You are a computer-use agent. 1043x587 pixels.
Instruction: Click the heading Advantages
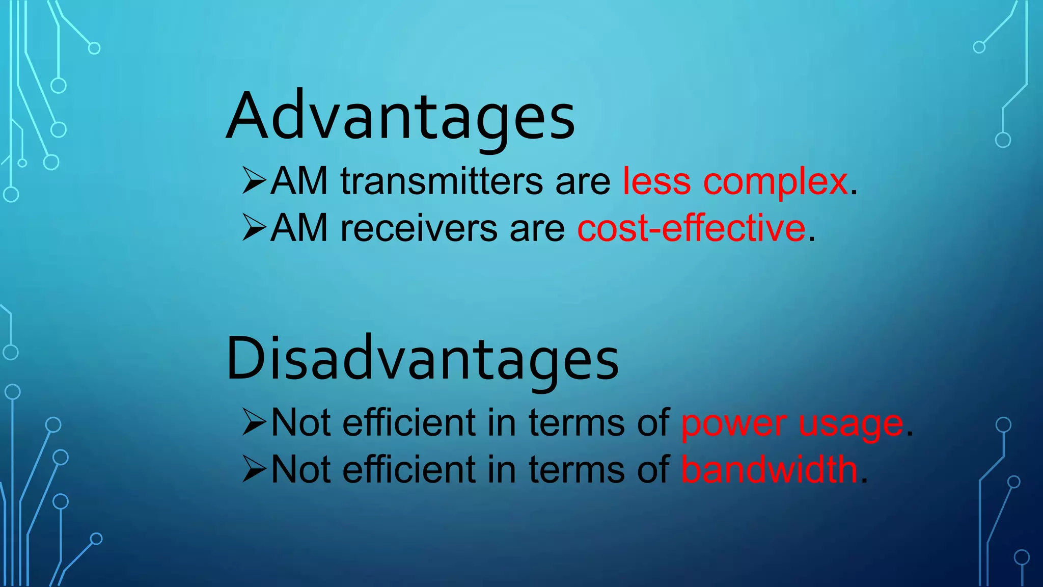coord(400,116)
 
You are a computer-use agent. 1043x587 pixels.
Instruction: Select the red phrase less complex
coord(735,181)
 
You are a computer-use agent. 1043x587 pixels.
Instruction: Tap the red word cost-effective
coord(691,228)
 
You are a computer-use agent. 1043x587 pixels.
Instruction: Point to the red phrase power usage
coord(792,423)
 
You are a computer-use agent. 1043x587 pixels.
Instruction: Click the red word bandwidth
coord(769,470)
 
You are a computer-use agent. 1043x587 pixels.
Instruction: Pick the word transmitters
coord(442,181)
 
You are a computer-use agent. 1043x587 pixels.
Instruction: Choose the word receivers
coord(419,228)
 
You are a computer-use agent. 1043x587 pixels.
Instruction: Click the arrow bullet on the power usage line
coord(254,422)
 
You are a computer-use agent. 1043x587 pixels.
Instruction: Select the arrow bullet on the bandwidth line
coord(254,469)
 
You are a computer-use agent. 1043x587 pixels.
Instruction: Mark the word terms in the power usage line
coord(576,423)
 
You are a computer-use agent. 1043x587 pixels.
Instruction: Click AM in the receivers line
coord(299,228)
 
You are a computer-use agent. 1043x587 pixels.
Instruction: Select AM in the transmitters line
coord(299,181)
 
